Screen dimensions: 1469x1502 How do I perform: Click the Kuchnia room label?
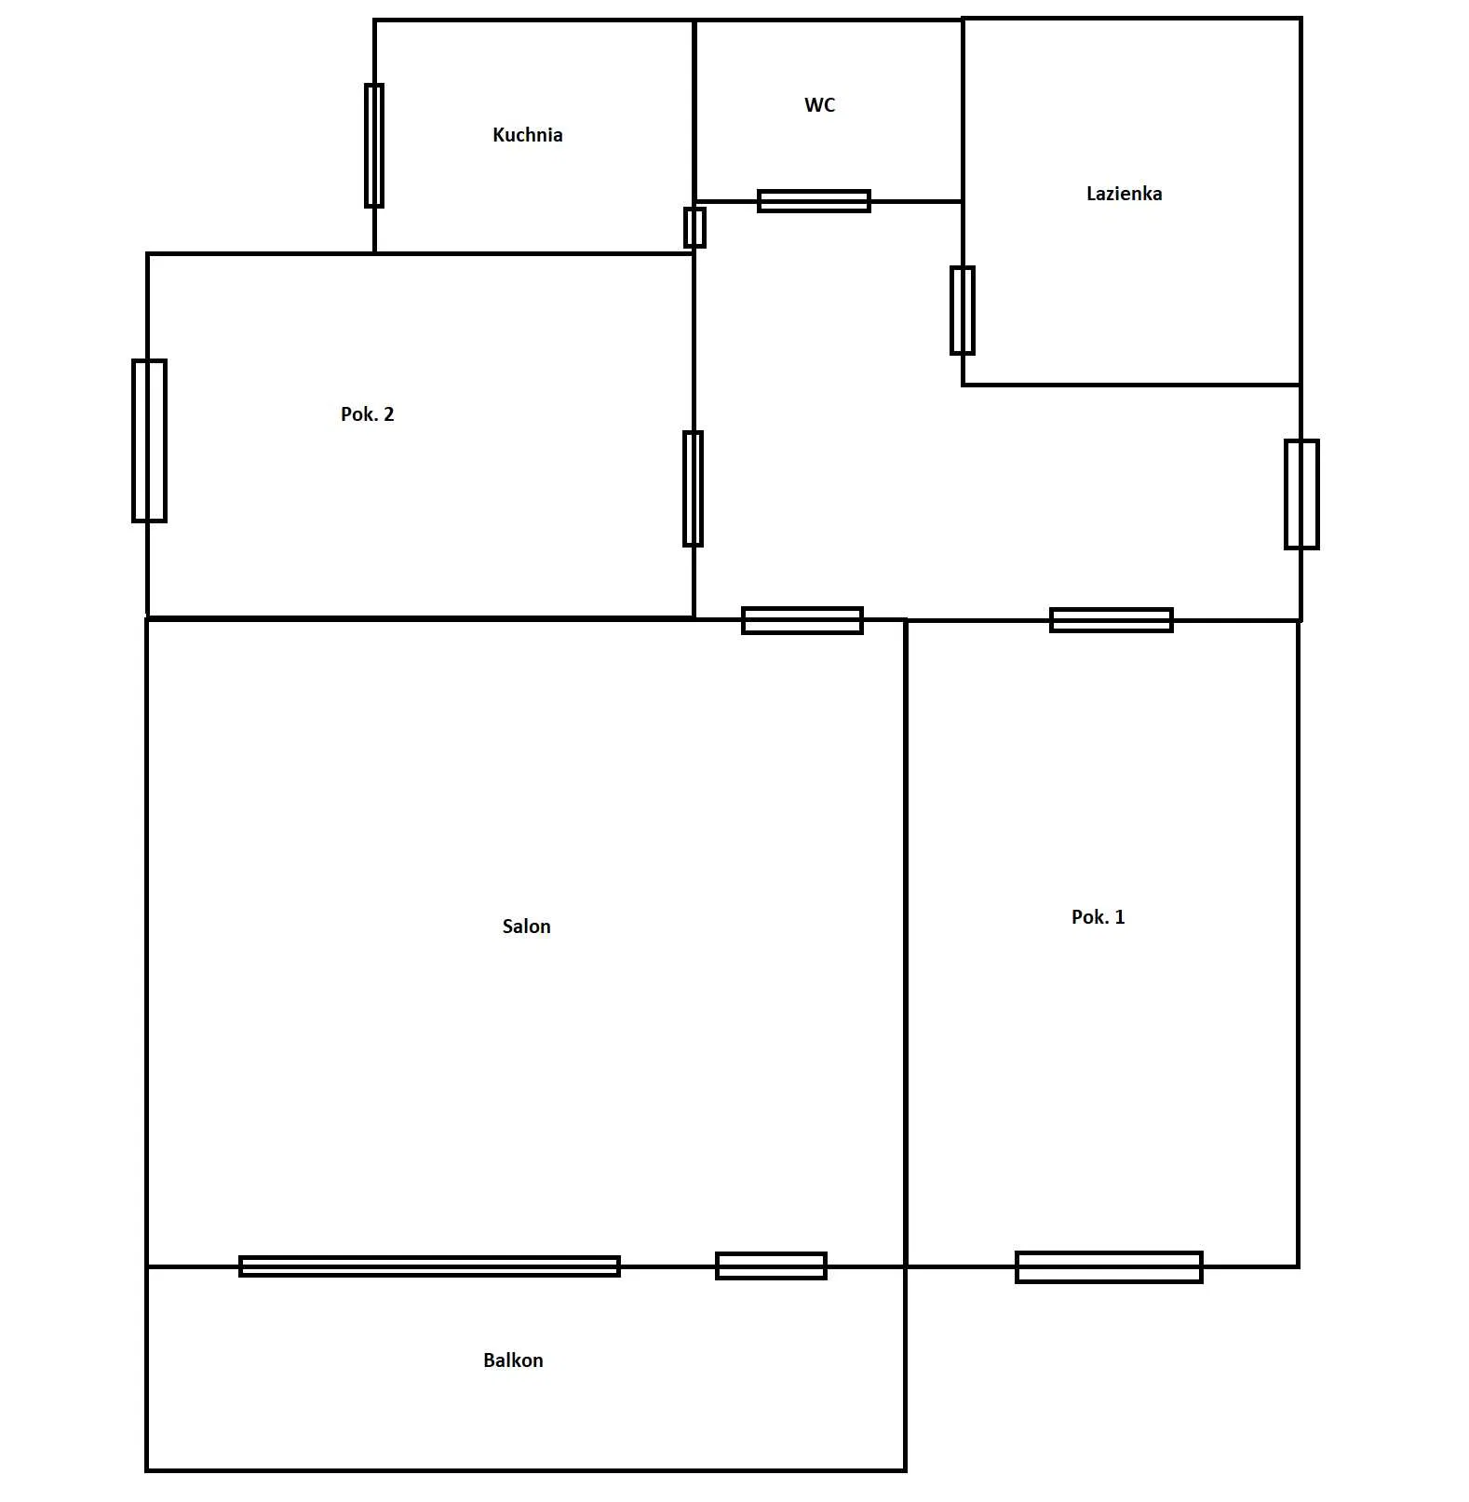tap(527, 135)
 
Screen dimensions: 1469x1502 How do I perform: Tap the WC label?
tap(819, 105)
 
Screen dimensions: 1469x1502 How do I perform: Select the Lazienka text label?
tap(1124, 194)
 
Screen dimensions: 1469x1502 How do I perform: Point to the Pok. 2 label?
tap(367, 414)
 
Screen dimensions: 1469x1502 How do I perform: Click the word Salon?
tap(526, 927)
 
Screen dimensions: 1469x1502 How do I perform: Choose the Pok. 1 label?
tap(1098, 917)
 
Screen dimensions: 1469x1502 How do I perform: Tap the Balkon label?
tap(513, 1360)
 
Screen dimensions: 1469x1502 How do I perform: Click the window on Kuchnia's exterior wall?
tap(374, 145)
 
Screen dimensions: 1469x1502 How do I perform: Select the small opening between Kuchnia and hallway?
tap(694, 227)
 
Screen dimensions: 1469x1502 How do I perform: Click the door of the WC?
tap(814, 201)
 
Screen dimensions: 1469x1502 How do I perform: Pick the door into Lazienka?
tap(963, 311)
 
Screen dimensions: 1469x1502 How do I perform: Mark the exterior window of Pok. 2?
tap(149, 440)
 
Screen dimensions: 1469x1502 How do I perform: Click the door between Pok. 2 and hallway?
tap(694, 489)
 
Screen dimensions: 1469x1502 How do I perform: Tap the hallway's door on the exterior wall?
tap(1301, 494)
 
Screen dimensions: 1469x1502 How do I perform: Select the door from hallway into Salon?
tap(802, 620)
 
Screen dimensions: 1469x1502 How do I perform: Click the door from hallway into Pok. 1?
tap(1112, 620)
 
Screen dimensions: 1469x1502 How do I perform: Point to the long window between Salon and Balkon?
tap(429, 1266)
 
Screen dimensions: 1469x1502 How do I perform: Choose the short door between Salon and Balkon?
tap(771, 1266)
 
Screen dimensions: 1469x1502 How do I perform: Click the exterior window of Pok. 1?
tap(1109, 1267)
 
